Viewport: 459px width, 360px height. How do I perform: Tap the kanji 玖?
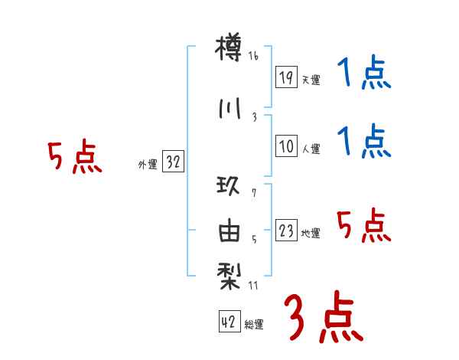point(229,185)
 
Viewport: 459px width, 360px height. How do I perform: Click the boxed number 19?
point(286,77)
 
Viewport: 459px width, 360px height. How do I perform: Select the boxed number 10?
point(286,147)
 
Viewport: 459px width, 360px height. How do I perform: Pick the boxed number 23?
point(286,231)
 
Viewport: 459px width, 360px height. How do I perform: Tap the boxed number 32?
point(174,162)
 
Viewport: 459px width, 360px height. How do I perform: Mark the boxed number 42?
point(229,322)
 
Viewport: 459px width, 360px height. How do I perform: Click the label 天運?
point(311,80)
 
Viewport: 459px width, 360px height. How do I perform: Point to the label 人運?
point(311,149)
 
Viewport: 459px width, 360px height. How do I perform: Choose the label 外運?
point(148,165)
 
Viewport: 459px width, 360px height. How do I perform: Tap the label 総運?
point(254,325)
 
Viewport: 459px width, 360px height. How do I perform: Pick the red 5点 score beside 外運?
point(74,158)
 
